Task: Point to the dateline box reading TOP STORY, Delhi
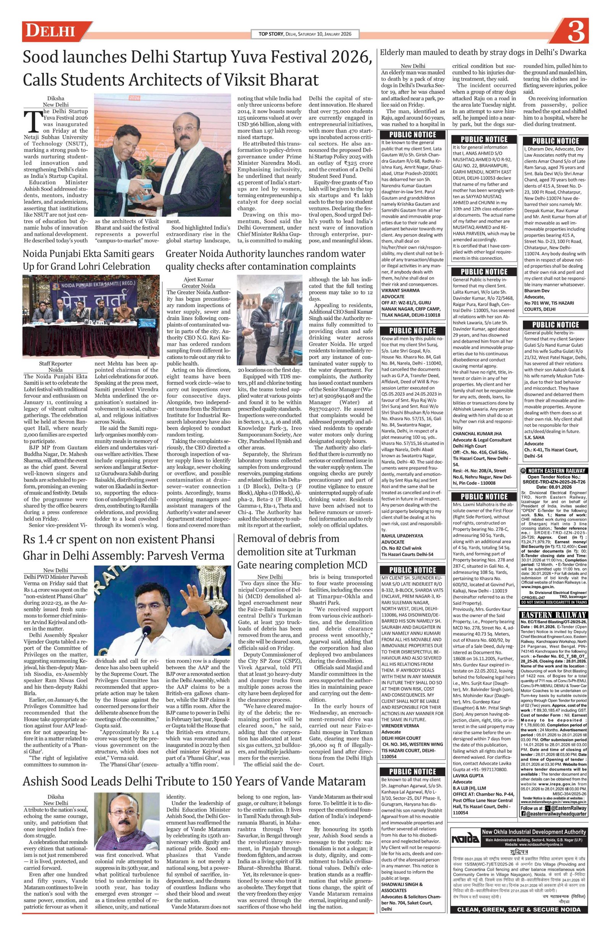(305, 34)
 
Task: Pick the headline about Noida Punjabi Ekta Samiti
(88, 260)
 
